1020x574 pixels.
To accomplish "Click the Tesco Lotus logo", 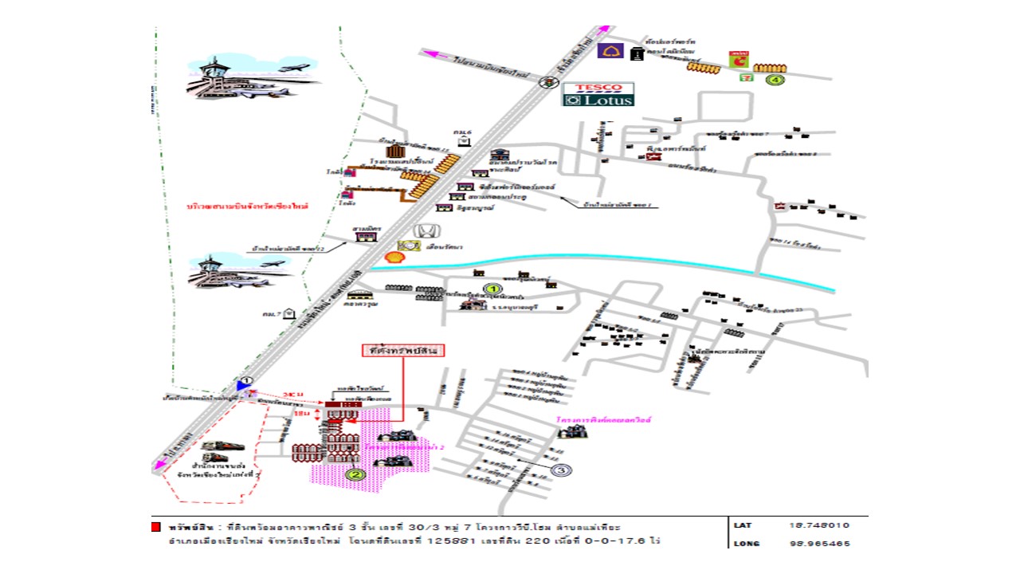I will pos(598,94).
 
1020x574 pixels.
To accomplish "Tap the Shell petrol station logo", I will pos(394,257).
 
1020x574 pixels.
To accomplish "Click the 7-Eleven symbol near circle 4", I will pos(745,78).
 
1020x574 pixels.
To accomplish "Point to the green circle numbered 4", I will pos(775,80).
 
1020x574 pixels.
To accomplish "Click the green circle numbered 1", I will pos(492,289).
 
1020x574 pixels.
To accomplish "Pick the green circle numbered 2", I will pos(355,475).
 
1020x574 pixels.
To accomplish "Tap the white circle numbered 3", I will pos(561,470).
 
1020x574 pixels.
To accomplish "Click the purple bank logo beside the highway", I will pos(610,51).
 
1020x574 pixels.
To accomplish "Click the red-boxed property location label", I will pos(402,350).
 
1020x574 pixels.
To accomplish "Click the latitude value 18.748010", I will pos(818,525).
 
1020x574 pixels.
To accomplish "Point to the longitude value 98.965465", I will pos(818,544).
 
